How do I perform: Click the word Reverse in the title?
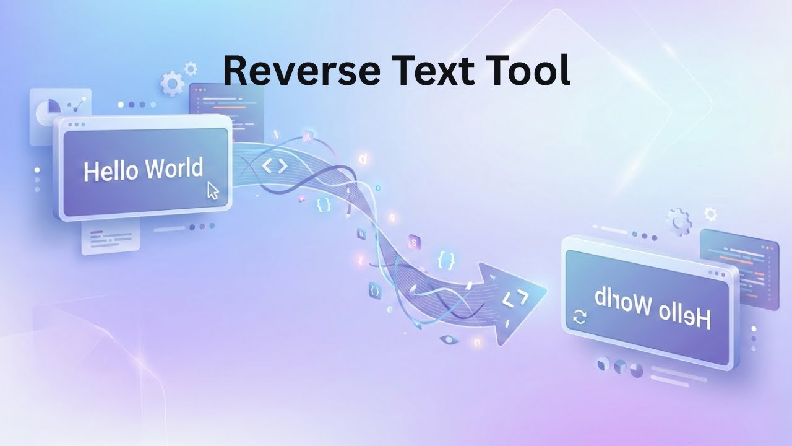coord(301,70)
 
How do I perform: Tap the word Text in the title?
coord(428,70)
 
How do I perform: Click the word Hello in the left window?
coord(110,171)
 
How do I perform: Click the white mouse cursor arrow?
coord(212,190)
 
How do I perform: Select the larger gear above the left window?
coord(171,84)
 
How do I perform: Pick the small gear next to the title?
coord(191,68)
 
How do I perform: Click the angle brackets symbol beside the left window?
coord(275,166)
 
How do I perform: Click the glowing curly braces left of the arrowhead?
coord(445,259)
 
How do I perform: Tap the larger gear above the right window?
coord(679,221)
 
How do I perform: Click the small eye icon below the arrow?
coord(450,339)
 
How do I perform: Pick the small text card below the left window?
coord(110,238)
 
